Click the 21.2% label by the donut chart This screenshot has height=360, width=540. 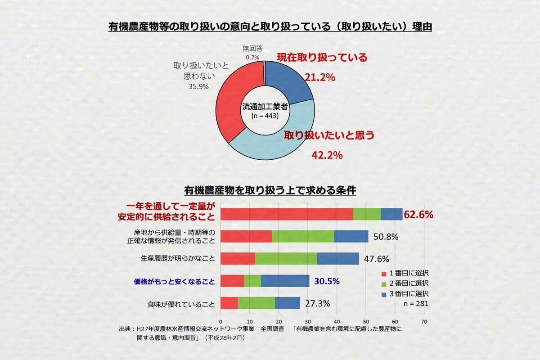[320, 77]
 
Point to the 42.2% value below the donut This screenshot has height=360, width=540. [327, 155]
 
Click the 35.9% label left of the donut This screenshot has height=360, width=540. [198, 86]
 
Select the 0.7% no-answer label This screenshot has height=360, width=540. [252, 57]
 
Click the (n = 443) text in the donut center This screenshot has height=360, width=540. [265, 115]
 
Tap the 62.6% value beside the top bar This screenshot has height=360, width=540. [418, 215]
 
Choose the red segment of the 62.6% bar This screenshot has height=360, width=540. [287, 215]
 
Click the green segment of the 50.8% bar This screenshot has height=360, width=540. [303, 236]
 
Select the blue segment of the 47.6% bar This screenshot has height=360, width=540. [338, 259]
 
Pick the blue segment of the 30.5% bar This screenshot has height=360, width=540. [285, 281]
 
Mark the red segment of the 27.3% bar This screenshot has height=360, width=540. [229, 303]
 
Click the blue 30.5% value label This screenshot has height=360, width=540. [327, 281]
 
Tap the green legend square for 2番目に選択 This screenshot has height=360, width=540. [384, 283]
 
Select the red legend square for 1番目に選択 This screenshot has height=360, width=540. [384, 273]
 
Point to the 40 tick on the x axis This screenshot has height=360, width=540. [337, 322]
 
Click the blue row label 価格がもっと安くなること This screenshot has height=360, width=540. [174, 282]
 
